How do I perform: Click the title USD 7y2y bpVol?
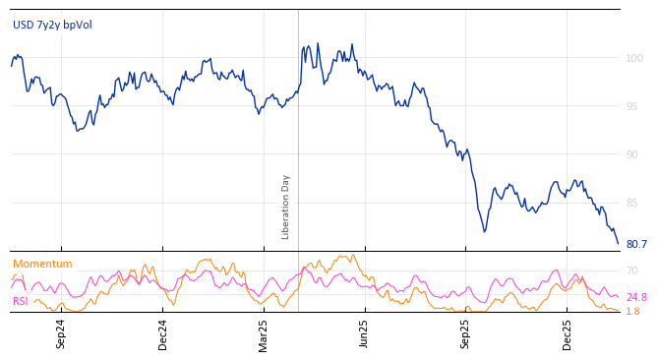click(52, 25)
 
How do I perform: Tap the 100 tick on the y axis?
click(634, 59)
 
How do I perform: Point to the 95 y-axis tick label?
click(633, 107)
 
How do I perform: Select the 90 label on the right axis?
click(633, 155)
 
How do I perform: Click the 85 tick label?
click(633, 204)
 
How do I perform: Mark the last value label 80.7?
click(636, 245)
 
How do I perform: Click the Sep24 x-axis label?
click(61, 333)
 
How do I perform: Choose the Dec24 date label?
click(162, 333)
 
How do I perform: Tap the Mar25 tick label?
click(264, 333)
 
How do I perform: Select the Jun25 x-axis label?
click(365, 333)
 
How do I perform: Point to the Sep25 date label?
click(466, 333)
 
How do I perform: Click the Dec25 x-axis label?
click(567, 333)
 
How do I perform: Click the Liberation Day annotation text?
click(286, 207)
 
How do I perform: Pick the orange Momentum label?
click(42, 265)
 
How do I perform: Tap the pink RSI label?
click(21, 301)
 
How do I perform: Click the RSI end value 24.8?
click(636, 297)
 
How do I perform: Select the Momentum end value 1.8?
click(632, 312)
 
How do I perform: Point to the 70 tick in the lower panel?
click(632, 270)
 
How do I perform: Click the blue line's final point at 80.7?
click(618, 243)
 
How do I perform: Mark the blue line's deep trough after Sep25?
click(484, 231)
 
